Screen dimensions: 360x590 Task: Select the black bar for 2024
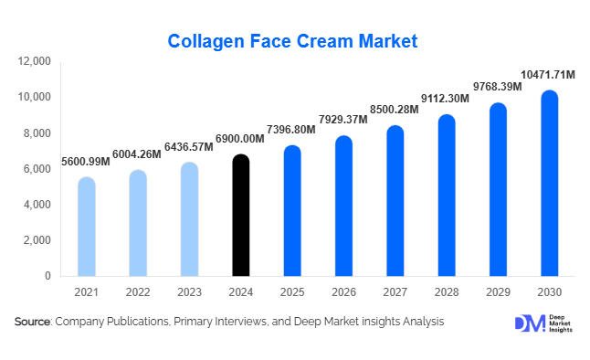pyautogui.click(x=240, y=217)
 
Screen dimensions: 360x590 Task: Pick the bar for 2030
pyautogui.click(x=549, y=185)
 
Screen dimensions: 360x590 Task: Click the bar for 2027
pyautogui.click(x=395, y=202)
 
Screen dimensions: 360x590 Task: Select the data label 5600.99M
pyautogui.click(x=86, y=161)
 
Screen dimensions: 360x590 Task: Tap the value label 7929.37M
pyautogui.click(x=343, y=120)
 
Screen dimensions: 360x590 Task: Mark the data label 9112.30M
pyautogui.click(x=446, y=99)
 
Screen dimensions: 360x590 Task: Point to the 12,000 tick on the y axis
pyautogui.click(x=34, y=61)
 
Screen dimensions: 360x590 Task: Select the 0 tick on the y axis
pyautogui.click(x=48, y=276)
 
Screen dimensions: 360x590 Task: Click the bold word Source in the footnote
pyautogui.click(x=33, y=322)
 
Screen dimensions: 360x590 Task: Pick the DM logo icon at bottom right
pyautogui.click(x=527, y=323)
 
